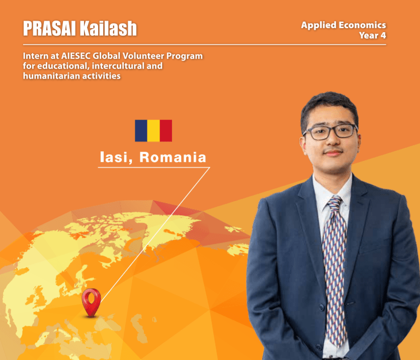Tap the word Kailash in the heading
click(109, 28)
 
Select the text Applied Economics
click(344, 26)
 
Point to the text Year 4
click(373, 35)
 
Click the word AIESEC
click(76, 56)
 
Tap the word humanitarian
click(52, 76)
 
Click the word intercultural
click(118, 66)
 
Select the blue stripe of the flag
click(141, 131)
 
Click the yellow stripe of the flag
click(153, 131)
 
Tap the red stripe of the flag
click(166, 131)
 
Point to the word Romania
click(173, 157)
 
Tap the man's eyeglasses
click(330, 132)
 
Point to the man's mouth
click(333, 153)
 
